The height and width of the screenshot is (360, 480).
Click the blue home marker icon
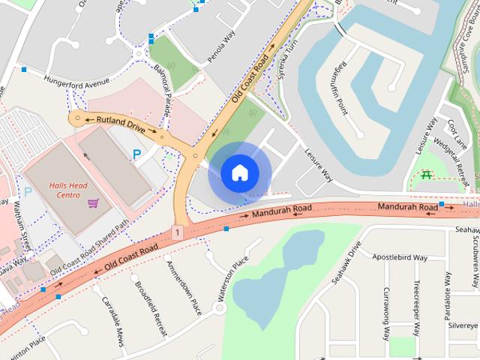240,172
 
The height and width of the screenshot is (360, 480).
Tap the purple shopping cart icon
93,202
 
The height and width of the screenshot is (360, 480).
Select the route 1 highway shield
177,233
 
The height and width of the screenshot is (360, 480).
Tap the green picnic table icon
426,175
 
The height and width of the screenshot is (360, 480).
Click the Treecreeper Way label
417,307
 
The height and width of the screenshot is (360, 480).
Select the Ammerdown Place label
184,287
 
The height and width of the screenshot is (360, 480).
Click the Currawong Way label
387,313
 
